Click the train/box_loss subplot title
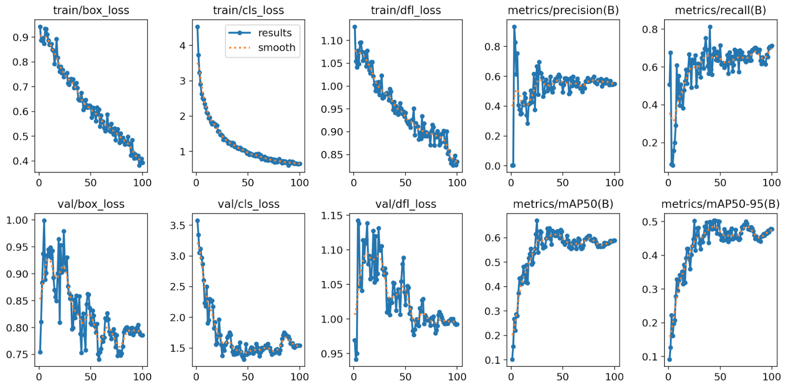pos(91,10)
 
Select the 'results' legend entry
pos(275,33)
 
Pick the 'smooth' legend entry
pos(276,48)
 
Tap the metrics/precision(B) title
pos(563,10)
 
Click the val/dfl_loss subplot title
pos(406,204)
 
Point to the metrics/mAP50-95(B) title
pos(720,204)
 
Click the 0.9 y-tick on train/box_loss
pos(21,38)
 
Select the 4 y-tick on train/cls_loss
pos(183,46)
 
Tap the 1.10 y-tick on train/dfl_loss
pos(332,41)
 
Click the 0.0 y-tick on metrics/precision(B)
pos(492,166)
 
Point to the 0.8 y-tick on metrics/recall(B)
pos(650,30)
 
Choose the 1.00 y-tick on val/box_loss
pos(17,220)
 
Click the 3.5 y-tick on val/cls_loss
pos(178,225)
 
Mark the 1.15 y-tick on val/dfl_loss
pos(332,216)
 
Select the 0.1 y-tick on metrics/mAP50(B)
pos(492,360)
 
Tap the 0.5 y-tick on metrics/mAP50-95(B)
pos(650,222)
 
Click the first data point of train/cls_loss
pos(197,27)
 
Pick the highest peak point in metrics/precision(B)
pos(514,27)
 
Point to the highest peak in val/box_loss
pos(44,221)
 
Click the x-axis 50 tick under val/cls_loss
pos(248,376)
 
